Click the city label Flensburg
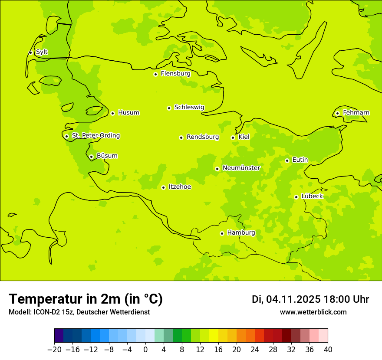(175, 74)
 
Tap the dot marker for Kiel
(233, 137)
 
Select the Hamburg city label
(241, 233)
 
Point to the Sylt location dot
(30, 52)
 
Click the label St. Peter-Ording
(95, 136)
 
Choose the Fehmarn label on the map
(356, 113)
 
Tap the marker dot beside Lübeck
(296, 197)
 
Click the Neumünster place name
(241, 168)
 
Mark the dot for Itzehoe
(163, 187)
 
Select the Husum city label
(128, 113)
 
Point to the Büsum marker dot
(91, 157)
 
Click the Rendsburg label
(203, 137)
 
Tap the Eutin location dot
(287, 160)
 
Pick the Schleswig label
(189, 107)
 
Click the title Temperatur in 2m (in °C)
(86, 299)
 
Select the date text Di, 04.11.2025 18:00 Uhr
(310, 299)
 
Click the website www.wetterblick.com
(313, 312)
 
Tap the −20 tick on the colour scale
(54, 350)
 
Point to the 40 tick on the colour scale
(328, 350)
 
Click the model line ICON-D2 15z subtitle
(79, 312)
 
